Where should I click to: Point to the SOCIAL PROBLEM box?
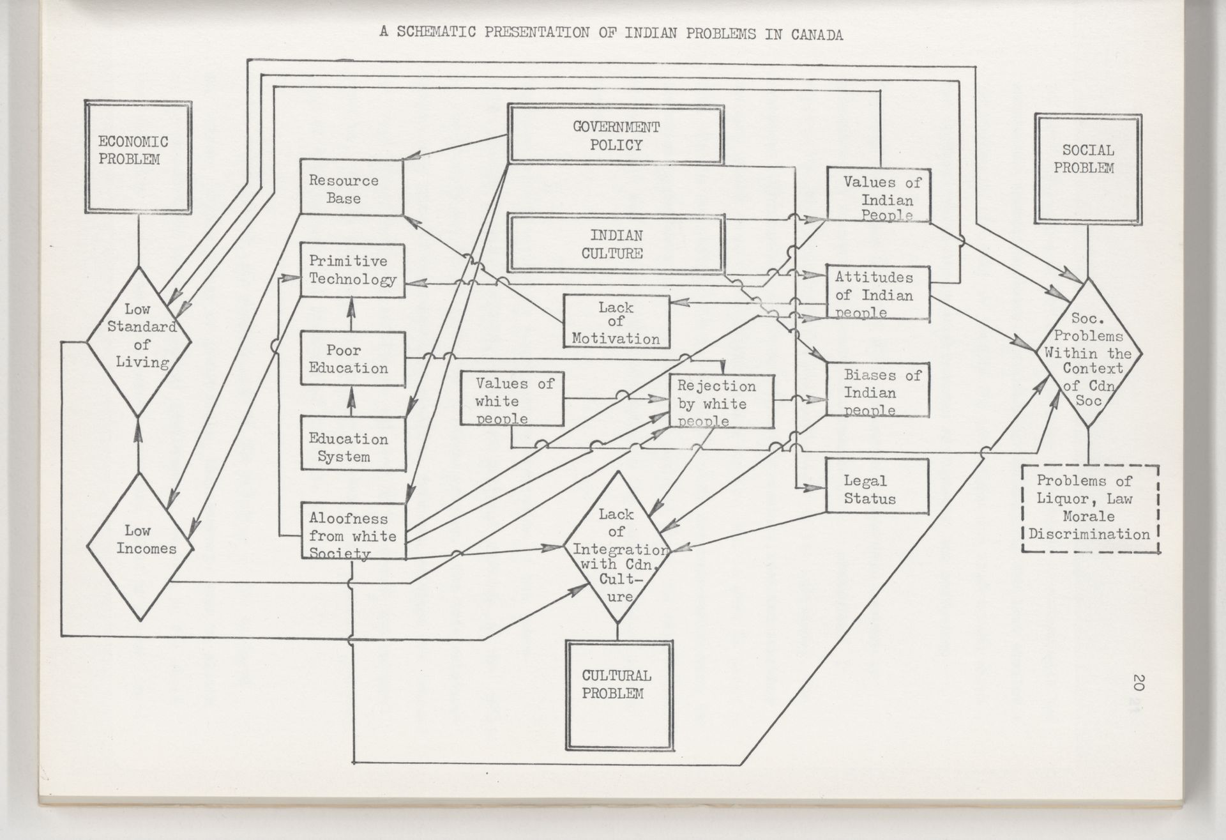[1087, 168]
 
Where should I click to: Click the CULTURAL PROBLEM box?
[618, 695]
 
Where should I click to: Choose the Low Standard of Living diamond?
[139, 340]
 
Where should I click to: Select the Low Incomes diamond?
[140, 546]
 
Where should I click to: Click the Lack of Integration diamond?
[617, 547]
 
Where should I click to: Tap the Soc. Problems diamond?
[1088, 353]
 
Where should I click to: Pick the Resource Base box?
[351, 187]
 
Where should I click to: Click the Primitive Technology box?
[352, 270]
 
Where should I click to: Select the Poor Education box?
[352, 358]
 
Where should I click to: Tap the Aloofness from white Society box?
[353, 530]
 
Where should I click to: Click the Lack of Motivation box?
[616, 321]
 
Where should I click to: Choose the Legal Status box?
[877, 490]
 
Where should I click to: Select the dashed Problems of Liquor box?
[1090, 508]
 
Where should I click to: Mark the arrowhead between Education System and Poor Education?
[351, 399]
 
